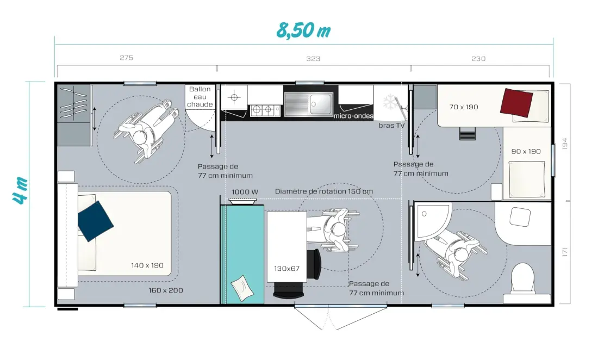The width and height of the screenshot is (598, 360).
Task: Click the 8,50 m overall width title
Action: (x=303, y=30)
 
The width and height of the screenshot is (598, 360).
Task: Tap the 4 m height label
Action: (x=20, y=190)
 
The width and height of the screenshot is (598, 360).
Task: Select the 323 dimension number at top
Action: (x=313, y=59)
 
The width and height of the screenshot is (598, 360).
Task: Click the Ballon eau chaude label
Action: (x=200, y=96)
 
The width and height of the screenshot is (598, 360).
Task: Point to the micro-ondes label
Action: (x=353, y=115)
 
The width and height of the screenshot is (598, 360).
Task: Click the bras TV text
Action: (x=391, y=126)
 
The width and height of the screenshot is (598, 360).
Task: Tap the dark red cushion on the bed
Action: (x=516, y=103)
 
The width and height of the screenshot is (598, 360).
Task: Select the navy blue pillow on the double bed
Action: (x=95, y=221)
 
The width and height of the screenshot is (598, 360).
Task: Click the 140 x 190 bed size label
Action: (x=147, y=265)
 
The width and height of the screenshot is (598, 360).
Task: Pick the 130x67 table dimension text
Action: (x=287, y=269)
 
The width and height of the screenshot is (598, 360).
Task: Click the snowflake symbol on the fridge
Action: (x=389, y=102)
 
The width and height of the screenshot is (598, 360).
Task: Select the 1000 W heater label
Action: (x=245, y=192)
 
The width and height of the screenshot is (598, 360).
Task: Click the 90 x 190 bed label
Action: (x=526, y=151)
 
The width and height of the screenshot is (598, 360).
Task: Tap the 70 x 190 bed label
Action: (x=463, y=107)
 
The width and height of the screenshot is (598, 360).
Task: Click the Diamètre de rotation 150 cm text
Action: (x=324, y=191)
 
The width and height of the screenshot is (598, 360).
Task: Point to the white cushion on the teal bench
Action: (x=242, y=288)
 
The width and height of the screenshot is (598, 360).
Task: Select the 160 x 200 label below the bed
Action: (x=166, y=290)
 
